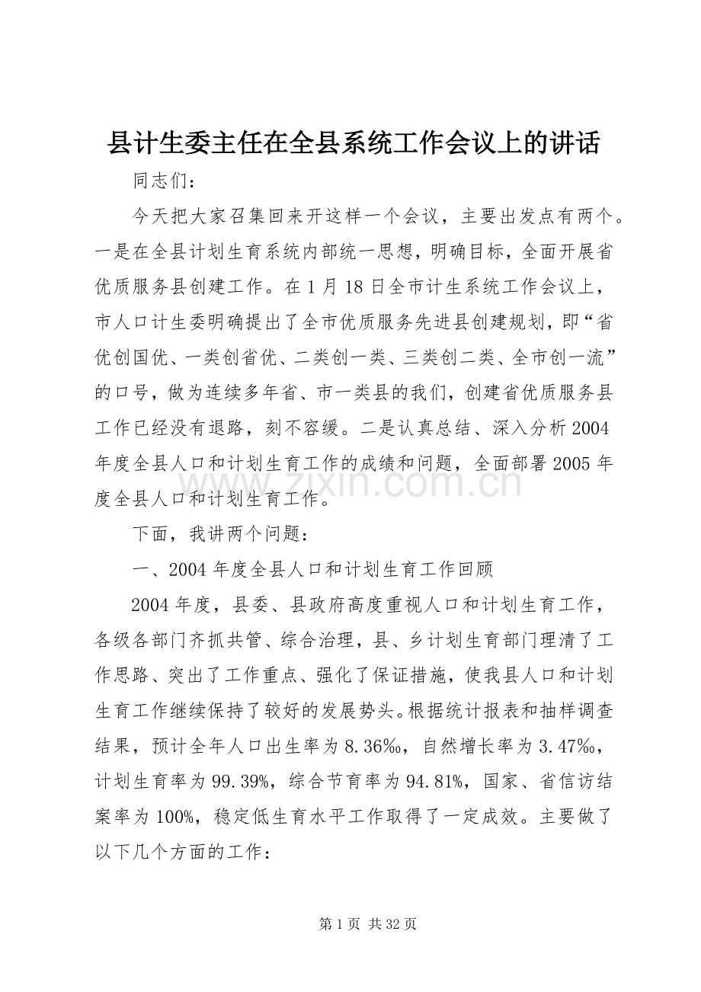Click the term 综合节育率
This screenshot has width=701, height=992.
tap(343, 779)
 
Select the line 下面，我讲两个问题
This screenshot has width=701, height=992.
tap(219, 534)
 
